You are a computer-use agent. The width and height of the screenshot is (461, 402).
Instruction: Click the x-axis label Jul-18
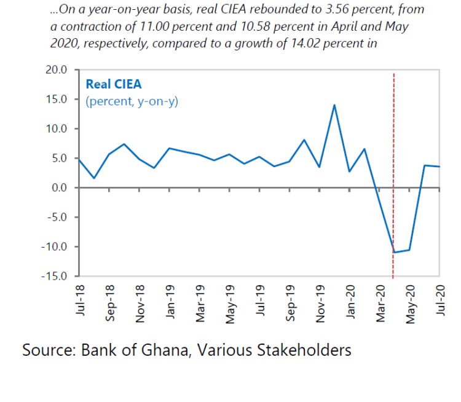point(80,300)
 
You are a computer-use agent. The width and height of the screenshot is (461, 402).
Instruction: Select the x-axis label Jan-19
point(170,301)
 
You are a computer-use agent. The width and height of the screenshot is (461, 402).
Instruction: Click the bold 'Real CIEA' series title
point(114,85)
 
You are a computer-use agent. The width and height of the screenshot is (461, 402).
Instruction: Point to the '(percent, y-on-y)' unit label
point(132,101)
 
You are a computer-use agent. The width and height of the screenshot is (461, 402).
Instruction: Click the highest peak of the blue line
point(334,105)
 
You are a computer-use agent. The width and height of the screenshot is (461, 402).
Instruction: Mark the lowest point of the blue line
point(394,252)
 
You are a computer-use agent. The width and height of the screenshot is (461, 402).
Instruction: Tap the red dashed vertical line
point(394,154)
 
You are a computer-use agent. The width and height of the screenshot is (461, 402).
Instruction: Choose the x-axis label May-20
point(411,302)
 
